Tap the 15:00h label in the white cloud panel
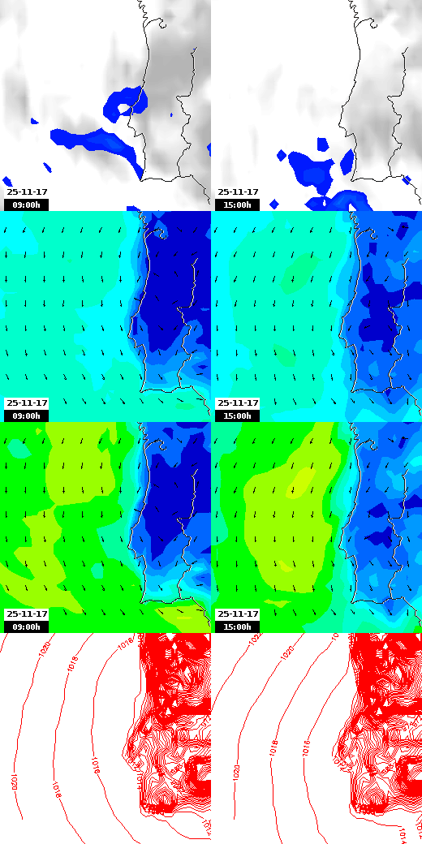coord(237,205)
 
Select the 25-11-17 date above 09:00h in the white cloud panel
coord(27,192)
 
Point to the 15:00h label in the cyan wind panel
coord(237,416)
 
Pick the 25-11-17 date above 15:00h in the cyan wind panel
coord(238,403)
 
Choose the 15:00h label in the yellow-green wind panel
coord(237,627)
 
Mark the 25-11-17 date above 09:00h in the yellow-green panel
coord(27,614)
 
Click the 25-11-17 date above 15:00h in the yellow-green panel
coord(238,614)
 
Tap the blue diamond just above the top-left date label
coord(7,181)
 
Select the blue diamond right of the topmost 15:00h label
coord(273,204)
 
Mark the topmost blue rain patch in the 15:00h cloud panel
coord(323,144)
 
